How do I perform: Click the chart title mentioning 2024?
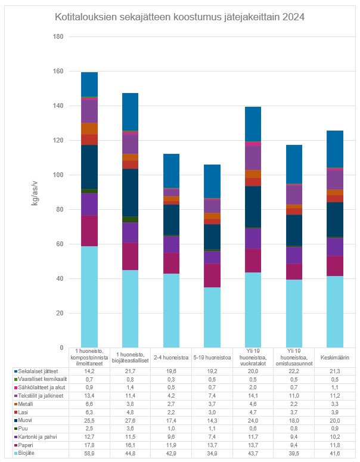coord(180,17)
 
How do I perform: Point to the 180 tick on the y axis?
coord(58,36)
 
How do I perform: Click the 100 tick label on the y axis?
coord(58,175)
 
